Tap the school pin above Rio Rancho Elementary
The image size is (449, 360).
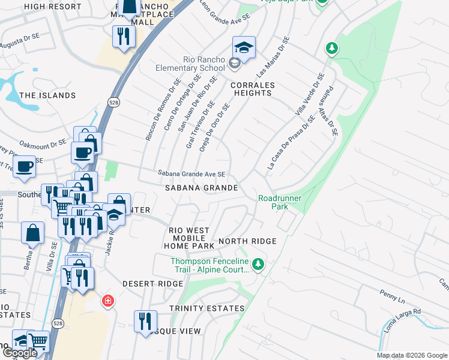tap(244, 47)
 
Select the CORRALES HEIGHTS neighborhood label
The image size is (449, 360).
tap(253, 89)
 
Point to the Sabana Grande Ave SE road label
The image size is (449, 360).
tap(191, 174)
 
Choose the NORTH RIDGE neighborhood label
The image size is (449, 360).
tap(247, 241)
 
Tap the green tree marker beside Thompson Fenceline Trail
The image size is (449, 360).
tap(258, 264)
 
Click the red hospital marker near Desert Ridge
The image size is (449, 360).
tap(107, 300)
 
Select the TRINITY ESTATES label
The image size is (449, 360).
tap(206, 308)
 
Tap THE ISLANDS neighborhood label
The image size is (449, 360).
tap(47, 95)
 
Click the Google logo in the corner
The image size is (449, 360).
tap(20, 353)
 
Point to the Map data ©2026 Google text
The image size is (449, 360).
tap(411, 355)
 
